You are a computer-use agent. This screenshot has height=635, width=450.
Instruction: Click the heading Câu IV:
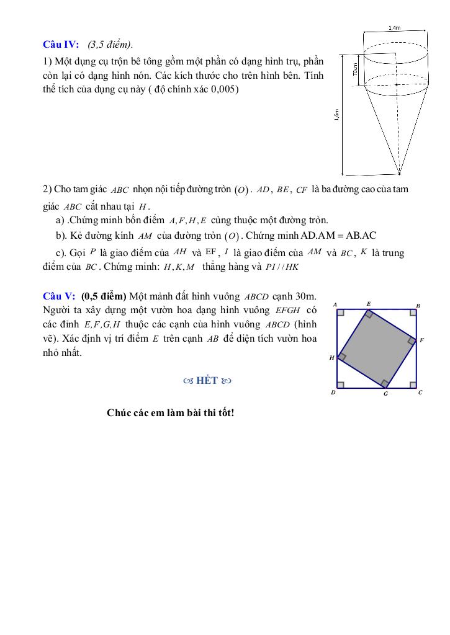61,44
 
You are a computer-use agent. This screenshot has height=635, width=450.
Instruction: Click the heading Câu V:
59,296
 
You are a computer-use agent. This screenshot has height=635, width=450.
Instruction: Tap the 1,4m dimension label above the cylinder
394,28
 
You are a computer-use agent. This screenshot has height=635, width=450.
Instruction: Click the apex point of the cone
399,174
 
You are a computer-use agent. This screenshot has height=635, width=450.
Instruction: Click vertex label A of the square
335,304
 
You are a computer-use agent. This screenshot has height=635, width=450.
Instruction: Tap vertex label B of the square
418,305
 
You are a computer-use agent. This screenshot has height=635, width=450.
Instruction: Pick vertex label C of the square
420,392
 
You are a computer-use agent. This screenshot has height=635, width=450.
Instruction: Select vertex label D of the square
334,393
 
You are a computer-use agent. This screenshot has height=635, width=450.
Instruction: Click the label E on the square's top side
368,304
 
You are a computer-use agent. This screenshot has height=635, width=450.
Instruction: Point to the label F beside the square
422,340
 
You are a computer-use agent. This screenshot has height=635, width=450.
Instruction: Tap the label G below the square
385,394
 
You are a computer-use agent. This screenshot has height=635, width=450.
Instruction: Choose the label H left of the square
331,358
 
